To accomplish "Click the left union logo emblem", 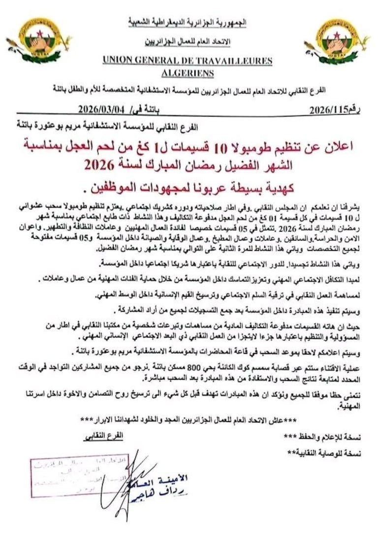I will click(38, 40).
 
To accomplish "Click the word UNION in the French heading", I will click(121, 60).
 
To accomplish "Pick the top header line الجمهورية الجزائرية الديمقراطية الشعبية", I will click(187, 22).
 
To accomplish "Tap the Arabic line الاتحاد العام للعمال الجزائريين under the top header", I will click(187, 42).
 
